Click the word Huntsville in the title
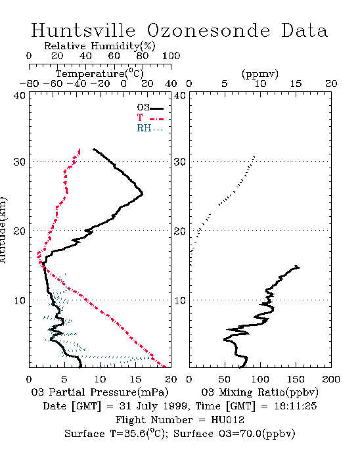[x=83, y=30]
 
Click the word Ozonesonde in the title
[x=208, y=30]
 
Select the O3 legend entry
[x=150, y=108]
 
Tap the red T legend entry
[x=150, y=118]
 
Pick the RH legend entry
[x=150, y=129]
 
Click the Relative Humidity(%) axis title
[x=100, y=46]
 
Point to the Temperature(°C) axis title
[x=100, y=74]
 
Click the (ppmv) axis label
[x=260, y=74]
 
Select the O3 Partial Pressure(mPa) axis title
[x=100, y=392]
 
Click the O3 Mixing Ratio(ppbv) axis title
[x=259, y=392]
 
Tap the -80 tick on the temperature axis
[x=29, y=84]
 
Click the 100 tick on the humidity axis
[x=171, y=56]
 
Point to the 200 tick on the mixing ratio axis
[x=331, y=379]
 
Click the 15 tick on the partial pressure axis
[x=135, y=379]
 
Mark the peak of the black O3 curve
[x=143, y=194]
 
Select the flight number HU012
[x=227, y=420]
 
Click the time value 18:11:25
[x=296, y=406]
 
